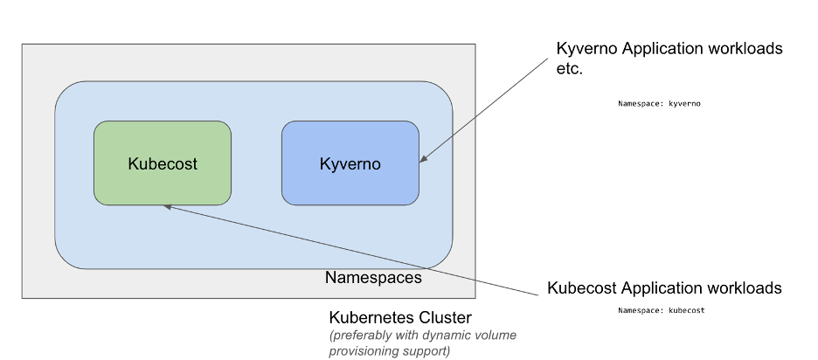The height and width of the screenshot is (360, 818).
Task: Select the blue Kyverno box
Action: coord(350,184)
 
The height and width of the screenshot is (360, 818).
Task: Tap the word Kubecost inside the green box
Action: coord(163,163)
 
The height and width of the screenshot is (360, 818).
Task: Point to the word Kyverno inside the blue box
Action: coord(350,163)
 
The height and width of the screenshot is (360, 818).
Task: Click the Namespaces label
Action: coord(373,278)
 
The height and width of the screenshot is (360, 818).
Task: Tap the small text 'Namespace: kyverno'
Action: coord(660,103)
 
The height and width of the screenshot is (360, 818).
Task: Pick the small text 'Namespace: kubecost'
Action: coord(661,310)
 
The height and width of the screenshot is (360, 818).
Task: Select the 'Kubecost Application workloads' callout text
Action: coord(664,288)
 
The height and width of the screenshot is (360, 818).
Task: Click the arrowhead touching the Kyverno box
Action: coord(424,160)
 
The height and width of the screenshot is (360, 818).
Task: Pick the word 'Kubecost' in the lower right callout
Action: coord(582,288)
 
